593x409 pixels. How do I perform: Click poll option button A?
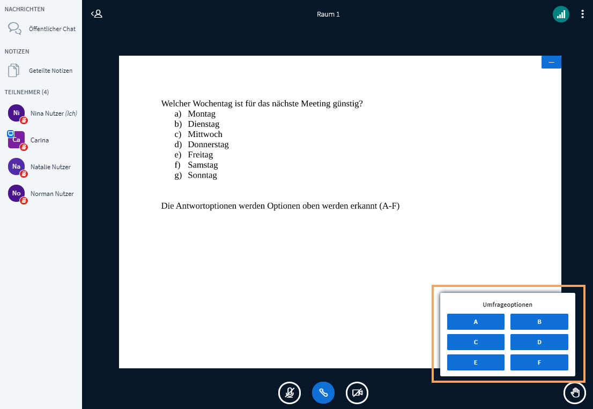[x=476, y=322]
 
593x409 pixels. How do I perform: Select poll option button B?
[x=539, y=322]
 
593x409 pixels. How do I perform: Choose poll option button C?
[x=476, y=342]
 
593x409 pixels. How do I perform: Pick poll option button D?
[x=539, y=342]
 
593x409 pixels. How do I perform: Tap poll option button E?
[x=476, y=362]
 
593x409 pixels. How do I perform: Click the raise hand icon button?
[x=575, y=393]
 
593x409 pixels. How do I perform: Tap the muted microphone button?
[x=290, y=393]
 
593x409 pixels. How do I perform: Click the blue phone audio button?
[x=323, y=393]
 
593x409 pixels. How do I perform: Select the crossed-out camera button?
[x=357, y=393]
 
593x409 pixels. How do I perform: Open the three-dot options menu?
[x=582, y=14]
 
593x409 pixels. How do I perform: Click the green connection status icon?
[x=561, y=14]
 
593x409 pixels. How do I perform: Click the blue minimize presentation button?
[x=551, y=62]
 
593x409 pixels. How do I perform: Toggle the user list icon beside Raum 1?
[x=97, y=14]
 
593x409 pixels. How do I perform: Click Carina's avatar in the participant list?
[x=16, y=140]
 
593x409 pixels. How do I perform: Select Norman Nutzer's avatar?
[x=16, y=193]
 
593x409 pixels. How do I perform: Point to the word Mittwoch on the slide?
[x=205, y=134]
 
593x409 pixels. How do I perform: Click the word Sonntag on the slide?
[x=202, y=175]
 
